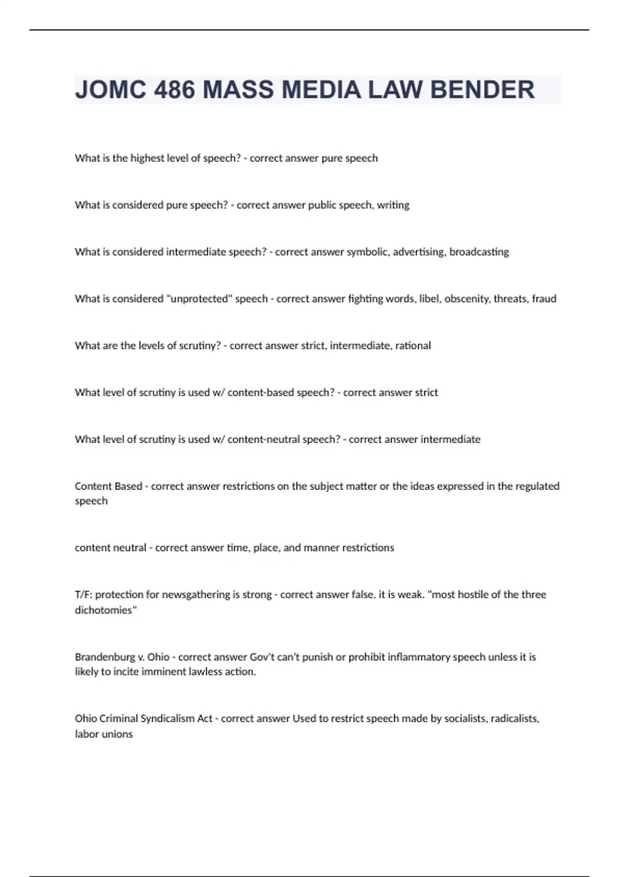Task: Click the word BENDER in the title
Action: click(482, 90)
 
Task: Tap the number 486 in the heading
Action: click(175, 90)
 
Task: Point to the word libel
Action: click(428, 299)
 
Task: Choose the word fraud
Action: click(544, 299)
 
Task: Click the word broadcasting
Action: click(479, 252)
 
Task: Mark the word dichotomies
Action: click(104, 610)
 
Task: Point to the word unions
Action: click(118, 734)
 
